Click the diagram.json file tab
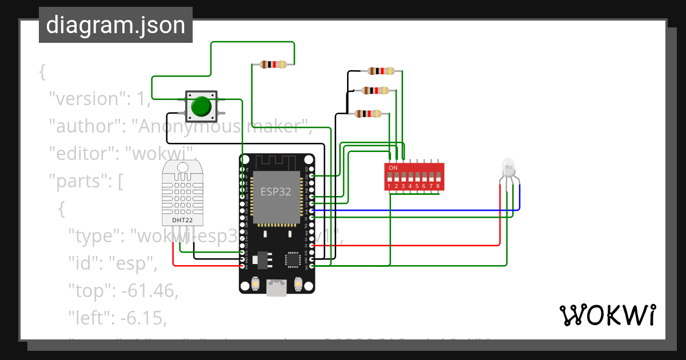pos(115,25)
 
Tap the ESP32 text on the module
pos(276,192)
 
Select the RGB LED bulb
pos(508,167)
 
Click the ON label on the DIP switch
pos(393,168)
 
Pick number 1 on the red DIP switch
pos(389,186)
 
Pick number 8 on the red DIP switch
pos(438,186)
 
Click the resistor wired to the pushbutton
pos(273,65)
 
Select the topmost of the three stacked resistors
pos(381,71)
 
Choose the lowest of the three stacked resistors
pos(368,114)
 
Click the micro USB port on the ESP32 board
pos(277,288)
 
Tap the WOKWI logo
pos(607,315)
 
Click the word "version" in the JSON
pos(86,99)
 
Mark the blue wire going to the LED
pos(412,210)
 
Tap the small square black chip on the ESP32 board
pos(293,260)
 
